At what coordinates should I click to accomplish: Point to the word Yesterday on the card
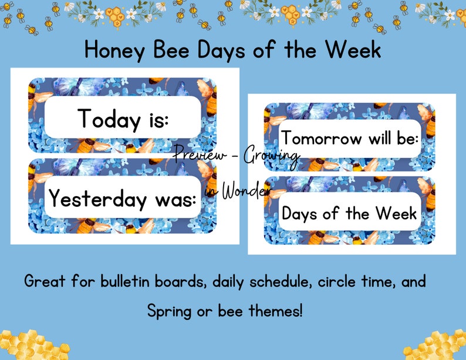(x=97, y=198)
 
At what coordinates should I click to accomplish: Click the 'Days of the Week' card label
(x=349, y=213)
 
